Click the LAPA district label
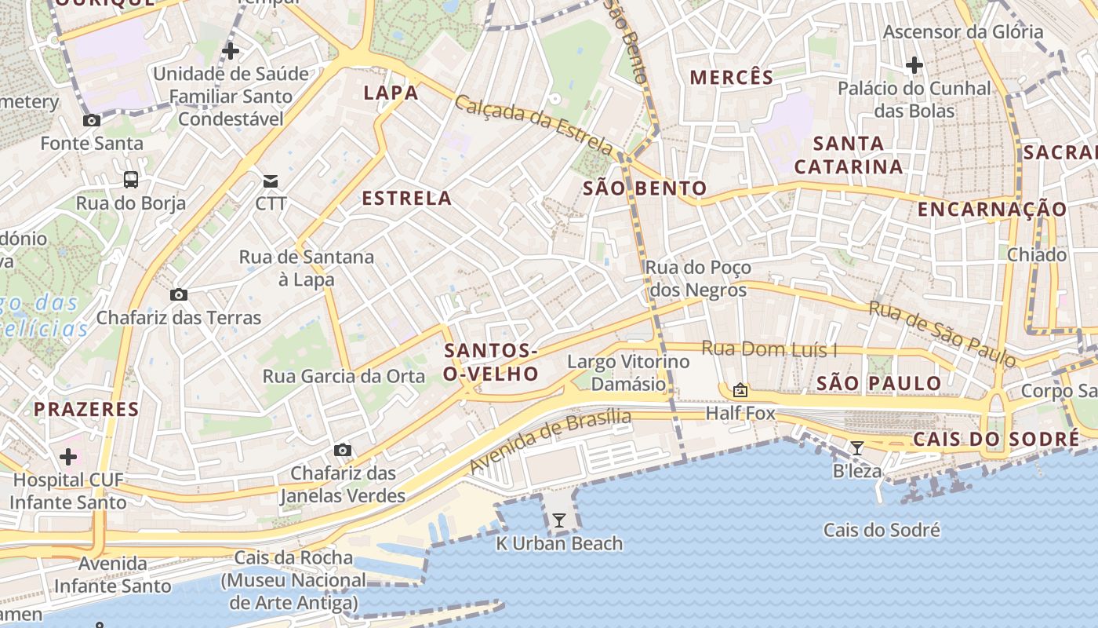[391, 93]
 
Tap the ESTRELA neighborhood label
[406, 199]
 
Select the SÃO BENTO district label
[645, 188]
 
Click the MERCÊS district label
[731, 77]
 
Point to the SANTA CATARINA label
[849, 155]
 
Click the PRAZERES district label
[86, 409]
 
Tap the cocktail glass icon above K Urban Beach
[558, 520]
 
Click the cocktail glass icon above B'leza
[857, 448]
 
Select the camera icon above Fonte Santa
[92, 120]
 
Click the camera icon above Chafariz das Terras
[179, 295]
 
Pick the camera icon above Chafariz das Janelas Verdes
[343, 450]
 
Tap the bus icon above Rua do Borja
[131, 180]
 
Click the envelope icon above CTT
[271, 181]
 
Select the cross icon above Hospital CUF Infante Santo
[68, 456]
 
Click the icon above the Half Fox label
[740, 389]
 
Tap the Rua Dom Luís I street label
[769, 349]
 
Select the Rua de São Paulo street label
[942, 334]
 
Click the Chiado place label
[1036, 255]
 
